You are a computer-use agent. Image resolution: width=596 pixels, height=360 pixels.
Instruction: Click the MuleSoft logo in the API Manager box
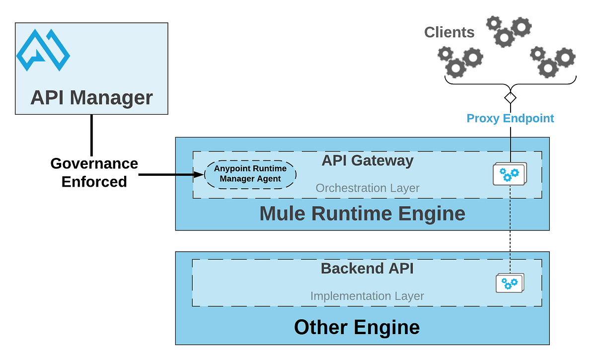[x=43, y=50]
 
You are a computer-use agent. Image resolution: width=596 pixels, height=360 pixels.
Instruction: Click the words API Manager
[x=91, y=97]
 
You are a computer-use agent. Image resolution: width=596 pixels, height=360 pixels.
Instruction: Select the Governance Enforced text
[x=94, y=172]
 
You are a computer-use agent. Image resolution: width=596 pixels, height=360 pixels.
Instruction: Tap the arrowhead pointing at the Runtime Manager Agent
[x=199, y=175]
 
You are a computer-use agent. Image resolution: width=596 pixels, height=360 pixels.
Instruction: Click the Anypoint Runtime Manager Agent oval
[x=250, y=174]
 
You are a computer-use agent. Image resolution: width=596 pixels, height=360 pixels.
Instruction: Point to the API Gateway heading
[x=367, y=161]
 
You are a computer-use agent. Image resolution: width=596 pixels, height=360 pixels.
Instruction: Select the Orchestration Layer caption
[x=368, y=188]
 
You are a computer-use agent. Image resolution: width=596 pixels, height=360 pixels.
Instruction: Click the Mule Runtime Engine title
[x=362, y=214]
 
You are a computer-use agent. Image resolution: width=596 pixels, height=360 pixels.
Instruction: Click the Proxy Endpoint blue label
[x=510, y=118]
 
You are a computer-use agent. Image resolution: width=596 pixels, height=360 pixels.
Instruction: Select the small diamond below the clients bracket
[x=511, y=96]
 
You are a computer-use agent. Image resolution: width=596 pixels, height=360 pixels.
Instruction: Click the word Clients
[x=449, y=33]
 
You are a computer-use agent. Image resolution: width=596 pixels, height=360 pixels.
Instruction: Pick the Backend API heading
[x=367, y=268]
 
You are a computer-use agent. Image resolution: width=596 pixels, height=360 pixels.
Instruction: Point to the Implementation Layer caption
[x=367, y=296]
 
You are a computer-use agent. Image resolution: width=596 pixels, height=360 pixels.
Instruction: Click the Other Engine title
[x=357, y=327]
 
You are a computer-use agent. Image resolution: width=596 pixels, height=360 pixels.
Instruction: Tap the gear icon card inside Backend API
[x=510, y=284]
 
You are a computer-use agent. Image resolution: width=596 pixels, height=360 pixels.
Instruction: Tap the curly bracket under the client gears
[x=511, y=81]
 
